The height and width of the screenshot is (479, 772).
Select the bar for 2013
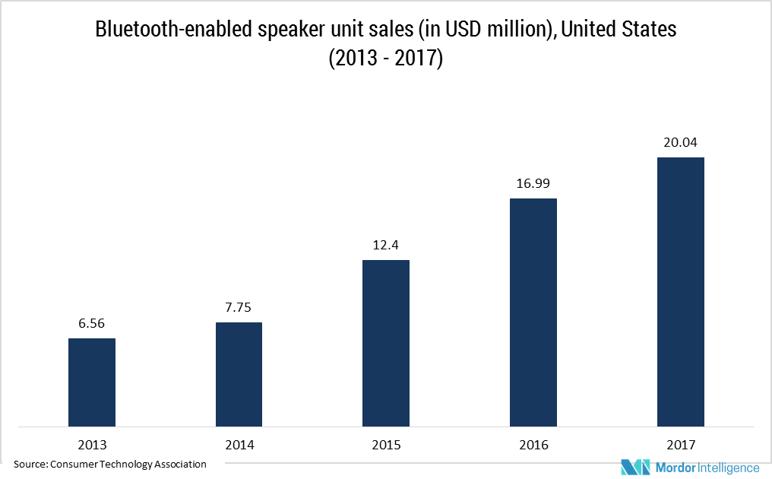coord(92,382)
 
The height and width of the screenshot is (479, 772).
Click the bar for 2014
coord(239,374)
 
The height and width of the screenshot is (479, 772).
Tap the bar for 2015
coord(386,343)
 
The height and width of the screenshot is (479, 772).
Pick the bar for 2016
coord(533,312)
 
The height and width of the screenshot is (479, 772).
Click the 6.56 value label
coord(92,324)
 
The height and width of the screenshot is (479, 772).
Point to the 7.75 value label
coord(239,308)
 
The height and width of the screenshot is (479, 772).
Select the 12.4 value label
coord(386,246)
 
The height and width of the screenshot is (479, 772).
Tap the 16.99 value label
coord(533,184)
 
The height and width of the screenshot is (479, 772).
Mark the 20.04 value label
coord(681,142)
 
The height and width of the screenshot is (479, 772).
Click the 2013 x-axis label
coord(92,445)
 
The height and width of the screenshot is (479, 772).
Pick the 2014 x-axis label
coord(239,445)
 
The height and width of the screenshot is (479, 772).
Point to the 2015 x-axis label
coord(386,445)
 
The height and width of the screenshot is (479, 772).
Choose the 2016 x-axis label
coord(533,445)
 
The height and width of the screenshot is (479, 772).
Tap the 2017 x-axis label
coord(681,445)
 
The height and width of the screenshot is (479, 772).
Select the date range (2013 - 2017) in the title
coord(385,59)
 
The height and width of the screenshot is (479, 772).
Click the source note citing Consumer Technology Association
coord(110,464)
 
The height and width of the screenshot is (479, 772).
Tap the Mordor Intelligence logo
coord(689,466)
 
